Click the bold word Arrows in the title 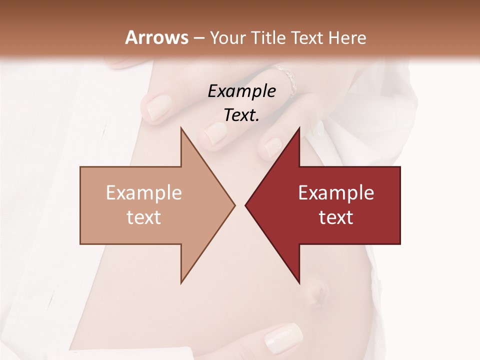157,37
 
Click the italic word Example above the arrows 242,91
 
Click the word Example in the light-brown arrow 144,192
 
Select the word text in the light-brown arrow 144,217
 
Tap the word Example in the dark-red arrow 336,192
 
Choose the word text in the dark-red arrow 336,217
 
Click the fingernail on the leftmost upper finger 158,109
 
